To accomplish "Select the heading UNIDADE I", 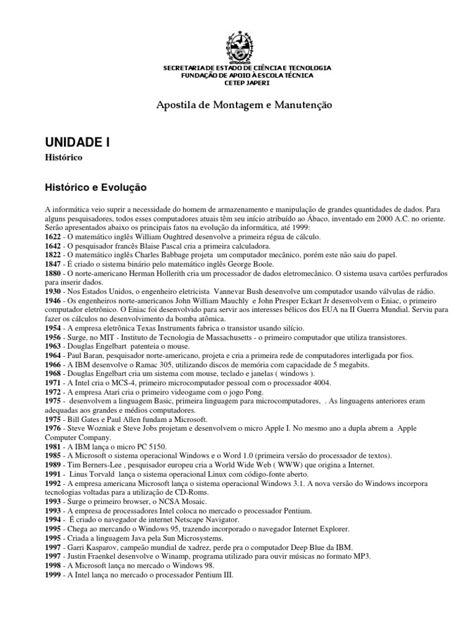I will (77, 142).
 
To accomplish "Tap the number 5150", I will (154, 445).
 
